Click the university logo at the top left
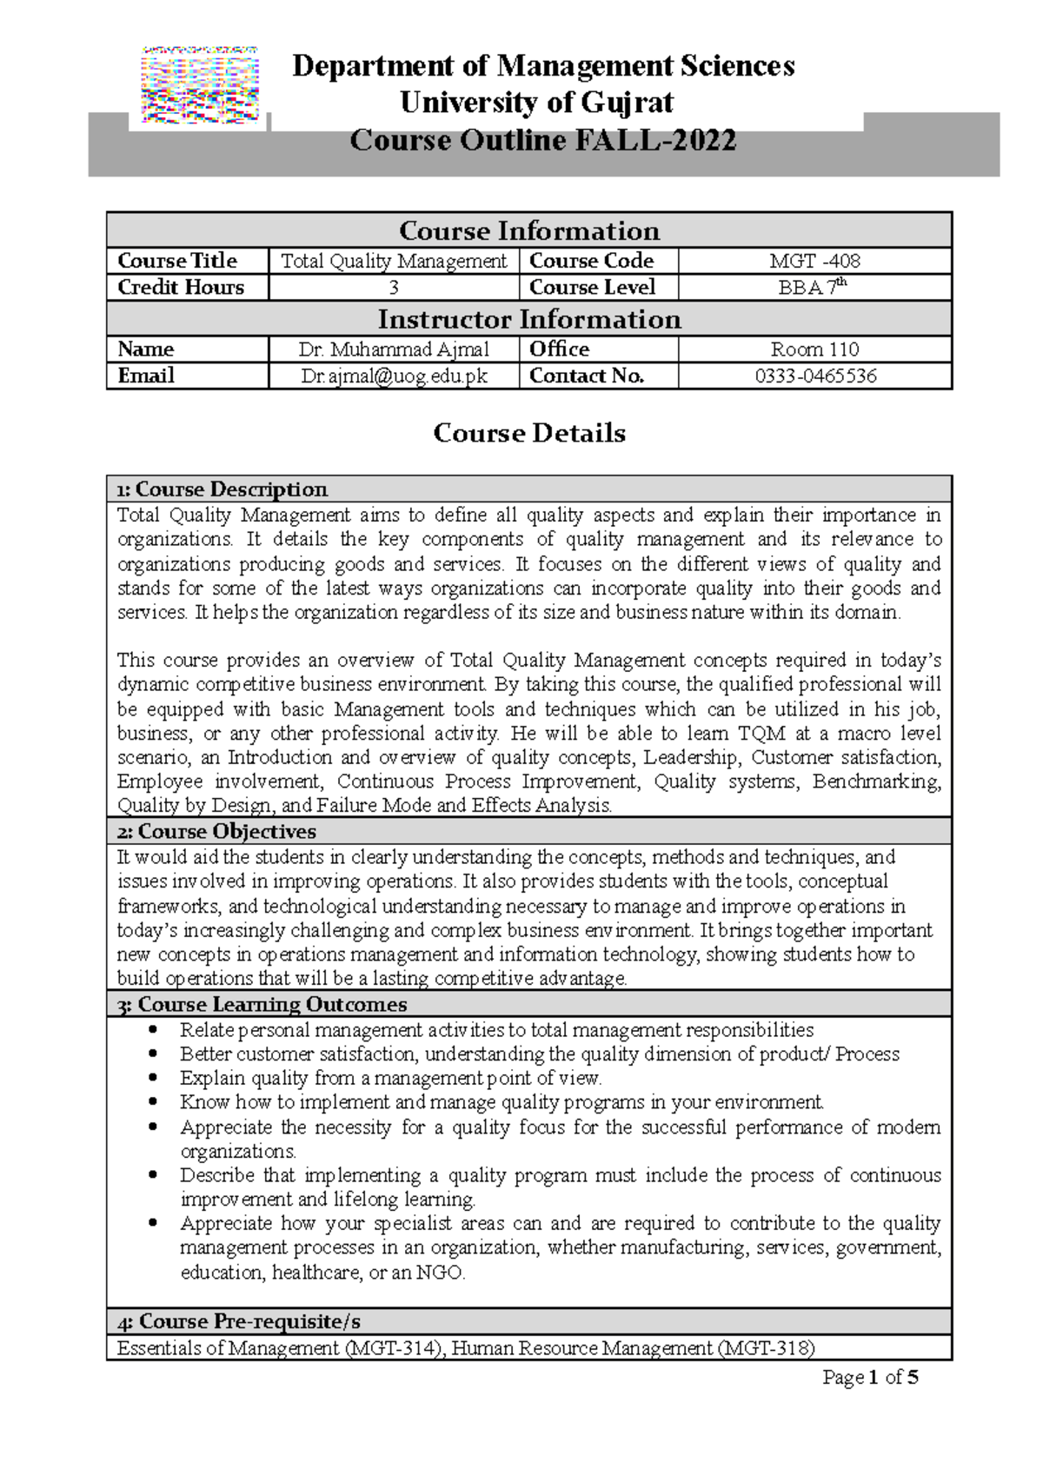(x=201, y=85)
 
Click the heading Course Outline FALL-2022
(x=543, y=140)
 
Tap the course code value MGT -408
(x=814, y=261)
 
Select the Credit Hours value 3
(x=394, y=288)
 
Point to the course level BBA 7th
(x=813, y=288)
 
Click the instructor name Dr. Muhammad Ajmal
(x=394, y=349)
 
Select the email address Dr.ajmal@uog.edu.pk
(x=394, y=376)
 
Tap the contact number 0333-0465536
(x=814, y=376)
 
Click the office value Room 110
(x=814, y=349)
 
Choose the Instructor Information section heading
(x=528, y=319)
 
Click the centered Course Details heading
(x=528, y=433)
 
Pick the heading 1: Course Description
(x=223, y=489)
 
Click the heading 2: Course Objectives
(x=216, y=832)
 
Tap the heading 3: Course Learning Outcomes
(x=262, y=1005)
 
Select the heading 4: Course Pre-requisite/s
(x=238, y=1322)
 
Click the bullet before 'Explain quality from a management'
(x=154, y=1078)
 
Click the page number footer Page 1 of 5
(x=870, y=1378)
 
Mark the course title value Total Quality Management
(x=394, y=261)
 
